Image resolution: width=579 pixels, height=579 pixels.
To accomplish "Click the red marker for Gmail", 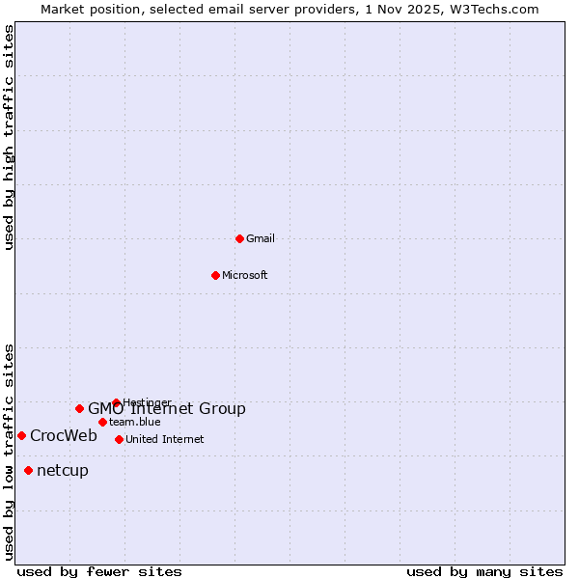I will tap(240, 238).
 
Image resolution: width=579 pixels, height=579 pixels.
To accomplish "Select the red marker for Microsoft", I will tap(216, 275).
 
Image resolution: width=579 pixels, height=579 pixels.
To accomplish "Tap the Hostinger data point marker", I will tap(116, 402).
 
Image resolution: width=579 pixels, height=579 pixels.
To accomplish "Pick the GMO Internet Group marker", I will tap(80, 408).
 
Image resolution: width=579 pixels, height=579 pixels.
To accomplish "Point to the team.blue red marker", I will tap(102, 422).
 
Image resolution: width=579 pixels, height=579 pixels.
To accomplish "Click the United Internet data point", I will tap(119, 439).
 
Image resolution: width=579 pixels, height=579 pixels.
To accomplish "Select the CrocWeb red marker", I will tap(21, 435).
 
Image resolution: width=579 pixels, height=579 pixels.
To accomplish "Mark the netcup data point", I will tap(28, 470).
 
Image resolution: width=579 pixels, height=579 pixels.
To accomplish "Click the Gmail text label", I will tap(261, 238).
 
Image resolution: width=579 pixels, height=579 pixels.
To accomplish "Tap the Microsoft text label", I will tap(245, 275).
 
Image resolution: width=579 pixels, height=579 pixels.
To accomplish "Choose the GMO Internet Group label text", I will tap(167, 409).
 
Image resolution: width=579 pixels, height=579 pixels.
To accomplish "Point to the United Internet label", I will tap(165, 439).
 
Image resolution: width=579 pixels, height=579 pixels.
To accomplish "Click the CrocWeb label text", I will tap(64, 435).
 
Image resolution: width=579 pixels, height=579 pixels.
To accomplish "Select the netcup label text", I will tap(63, 470).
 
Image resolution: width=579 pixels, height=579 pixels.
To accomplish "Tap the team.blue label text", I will tap(135, 422).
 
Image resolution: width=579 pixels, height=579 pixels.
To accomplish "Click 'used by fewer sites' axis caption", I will tap(99, 571).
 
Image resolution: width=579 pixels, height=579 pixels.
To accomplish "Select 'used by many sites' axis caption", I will tap(484, 571).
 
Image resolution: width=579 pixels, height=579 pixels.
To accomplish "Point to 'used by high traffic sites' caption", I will tap(10, 137).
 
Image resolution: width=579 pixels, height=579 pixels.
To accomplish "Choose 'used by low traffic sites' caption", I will tap(10, 451).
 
